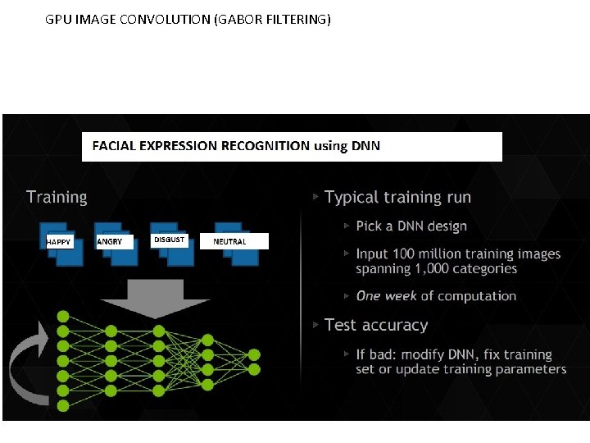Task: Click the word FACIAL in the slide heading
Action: (x=114, y=146)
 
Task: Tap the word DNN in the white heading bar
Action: (x=365, y=146)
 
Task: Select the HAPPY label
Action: (x=58, y=242)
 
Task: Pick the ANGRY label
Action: (x=109, y=242)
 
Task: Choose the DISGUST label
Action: (x=169, y=240)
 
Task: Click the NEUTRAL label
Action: (x=229, y=242)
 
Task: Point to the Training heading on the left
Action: (x=57, y=197)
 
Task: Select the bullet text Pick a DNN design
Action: (x=411, y=226)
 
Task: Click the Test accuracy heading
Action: (x=376, y=325)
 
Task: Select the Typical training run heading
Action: (x=397, y=197)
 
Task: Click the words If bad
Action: (x=373, y=354)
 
